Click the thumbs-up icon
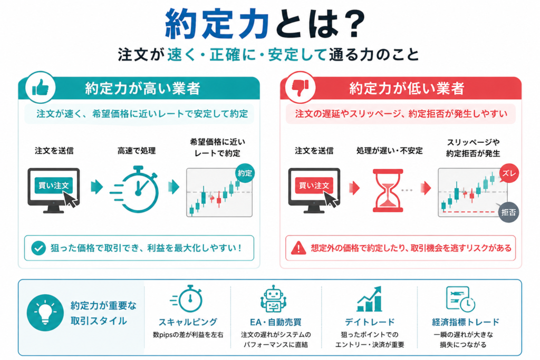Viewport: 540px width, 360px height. tap(40, 87)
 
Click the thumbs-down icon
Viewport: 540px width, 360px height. tap(300, 87)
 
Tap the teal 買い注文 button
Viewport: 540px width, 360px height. tap(53, 186)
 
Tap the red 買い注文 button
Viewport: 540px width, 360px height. tap(314, 186)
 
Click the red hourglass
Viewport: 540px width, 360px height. tap(388, 190)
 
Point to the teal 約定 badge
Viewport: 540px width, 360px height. tap(245, 173)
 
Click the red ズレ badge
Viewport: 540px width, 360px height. tap(509, 173)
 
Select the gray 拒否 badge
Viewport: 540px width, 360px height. tap(509, 212)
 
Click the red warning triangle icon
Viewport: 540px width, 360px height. tap(298, 248)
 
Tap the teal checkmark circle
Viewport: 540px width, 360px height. tap(38, 248)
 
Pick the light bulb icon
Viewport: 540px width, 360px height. tap(45, 313)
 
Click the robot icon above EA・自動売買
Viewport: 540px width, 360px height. tap(274, 299)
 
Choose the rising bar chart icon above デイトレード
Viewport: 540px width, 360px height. tap(369, 299)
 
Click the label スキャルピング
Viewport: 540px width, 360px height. tap(188, 322)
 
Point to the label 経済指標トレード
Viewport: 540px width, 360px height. tap(465, 322)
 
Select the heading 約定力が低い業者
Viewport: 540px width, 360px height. tap(407, 89)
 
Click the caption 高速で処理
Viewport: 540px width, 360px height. tap(137, 151)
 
